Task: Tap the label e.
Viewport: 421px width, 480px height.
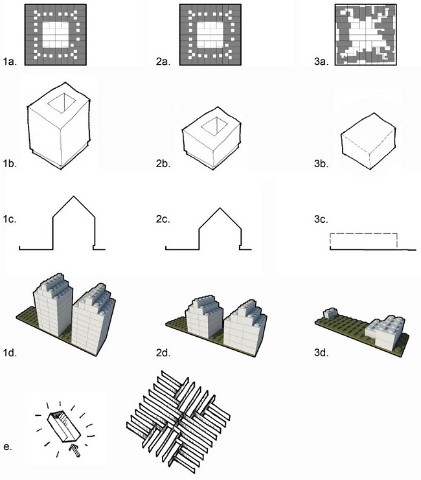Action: (7, 446)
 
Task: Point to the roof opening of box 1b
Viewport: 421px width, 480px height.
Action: (65, 100)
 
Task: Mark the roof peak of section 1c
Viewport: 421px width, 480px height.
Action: (73, 195)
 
